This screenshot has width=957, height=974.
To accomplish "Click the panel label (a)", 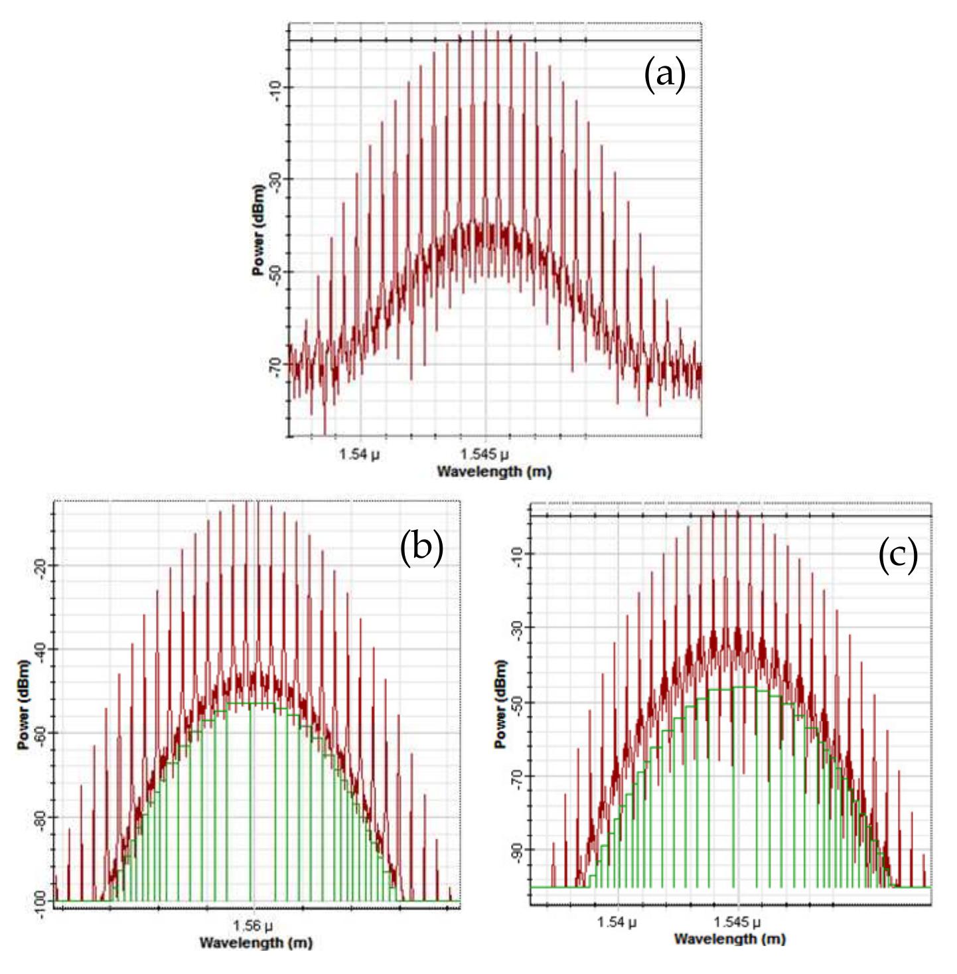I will pyautogui.click(x=664, y=74).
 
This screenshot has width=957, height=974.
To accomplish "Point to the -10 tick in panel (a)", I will pyautogui.click(x=275, y=88).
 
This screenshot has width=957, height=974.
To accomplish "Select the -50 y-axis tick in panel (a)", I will pyautogui.click(x=275, y=272).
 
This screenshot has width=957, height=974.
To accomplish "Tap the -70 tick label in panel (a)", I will pyautogui.click(x=275, y=364).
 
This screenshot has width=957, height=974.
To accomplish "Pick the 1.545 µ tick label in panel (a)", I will pyautogui.click(x=484, y=454).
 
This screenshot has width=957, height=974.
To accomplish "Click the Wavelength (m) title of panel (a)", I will pyautogui.click(x=494, y=471).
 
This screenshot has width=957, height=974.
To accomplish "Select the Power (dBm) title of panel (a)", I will pyautogui.click(x=258, y=230).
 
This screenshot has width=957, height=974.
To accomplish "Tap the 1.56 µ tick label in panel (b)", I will pyautogui.click(x=254, y=926).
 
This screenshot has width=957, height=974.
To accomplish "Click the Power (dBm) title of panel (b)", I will pyautogui.click(x=23, y=705).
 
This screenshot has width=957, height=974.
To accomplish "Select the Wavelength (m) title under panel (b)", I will pyautogui.click(x=256, y=943).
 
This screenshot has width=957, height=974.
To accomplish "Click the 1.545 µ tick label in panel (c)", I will pyautogui.click(x=737, y=922).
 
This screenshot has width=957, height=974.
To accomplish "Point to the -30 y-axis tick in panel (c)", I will pyautogui.click(x=517, y=629).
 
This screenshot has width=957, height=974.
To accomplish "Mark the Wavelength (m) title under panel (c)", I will pyautogui.click(x=729, y=939).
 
